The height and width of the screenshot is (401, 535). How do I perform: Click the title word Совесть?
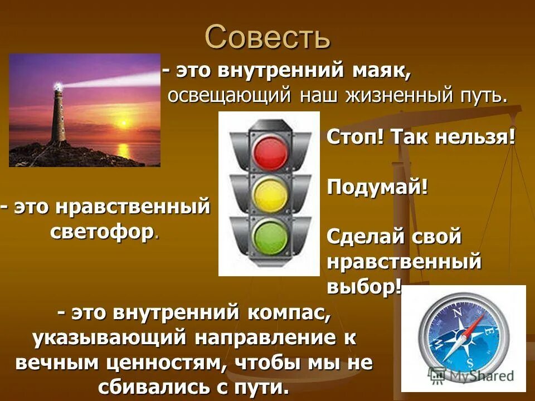(267, 37)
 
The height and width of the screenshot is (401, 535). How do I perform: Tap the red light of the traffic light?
(270, 149)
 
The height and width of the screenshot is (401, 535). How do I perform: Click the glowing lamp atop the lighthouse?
(57, 87)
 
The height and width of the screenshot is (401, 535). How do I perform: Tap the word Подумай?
(377, 187)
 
